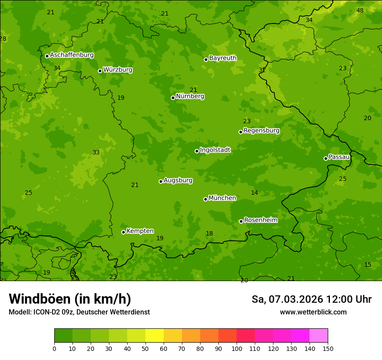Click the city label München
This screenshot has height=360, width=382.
222,198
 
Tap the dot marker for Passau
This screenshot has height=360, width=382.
326,158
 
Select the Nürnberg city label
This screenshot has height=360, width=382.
190,96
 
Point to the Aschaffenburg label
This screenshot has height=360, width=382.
72,55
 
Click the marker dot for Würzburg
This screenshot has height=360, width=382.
100,71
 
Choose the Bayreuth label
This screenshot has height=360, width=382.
223,58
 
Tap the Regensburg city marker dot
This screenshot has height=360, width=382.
240,132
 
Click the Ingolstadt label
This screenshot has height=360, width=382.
215,150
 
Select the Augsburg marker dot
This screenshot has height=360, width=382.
161,181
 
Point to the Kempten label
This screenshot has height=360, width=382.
140,231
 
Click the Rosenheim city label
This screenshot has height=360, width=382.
260,220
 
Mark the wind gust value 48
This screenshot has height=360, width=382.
360,10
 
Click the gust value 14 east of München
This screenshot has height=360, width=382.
254,193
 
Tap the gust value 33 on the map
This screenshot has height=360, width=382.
96,152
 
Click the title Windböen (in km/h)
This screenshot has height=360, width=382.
70,299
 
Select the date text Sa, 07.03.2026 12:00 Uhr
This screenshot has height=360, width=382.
311,299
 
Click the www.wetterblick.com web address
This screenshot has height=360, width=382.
313,312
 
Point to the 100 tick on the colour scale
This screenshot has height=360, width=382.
237,348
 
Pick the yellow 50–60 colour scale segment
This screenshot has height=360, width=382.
155,335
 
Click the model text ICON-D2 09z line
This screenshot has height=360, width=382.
79,312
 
